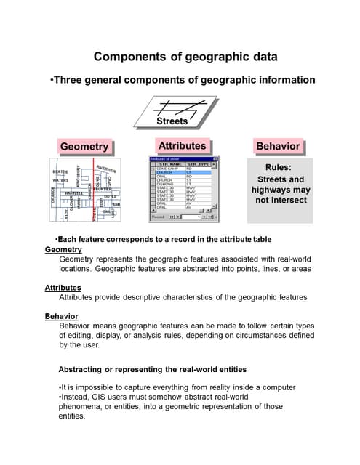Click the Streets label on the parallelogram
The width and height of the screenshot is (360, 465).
click(x=172, y=121)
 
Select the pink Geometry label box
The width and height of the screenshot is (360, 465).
click(x=84, y=147)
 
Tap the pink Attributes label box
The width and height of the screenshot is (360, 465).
click(x=182, y=145)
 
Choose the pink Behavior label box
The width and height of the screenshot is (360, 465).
click(x=278, y=146)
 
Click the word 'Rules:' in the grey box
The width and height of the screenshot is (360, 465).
click(x=280, y=167)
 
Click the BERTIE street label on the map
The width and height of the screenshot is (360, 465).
click(x=60, y=171)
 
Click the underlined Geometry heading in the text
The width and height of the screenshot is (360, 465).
click(x=63, y=249)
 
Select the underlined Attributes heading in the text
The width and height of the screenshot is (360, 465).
click(x=63, y=288)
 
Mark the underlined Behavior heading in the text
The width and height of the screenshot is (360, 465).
click(x=62, y=316)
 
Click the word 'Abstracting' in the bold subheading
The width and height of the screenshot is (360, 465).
click(x=86, y=369)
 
